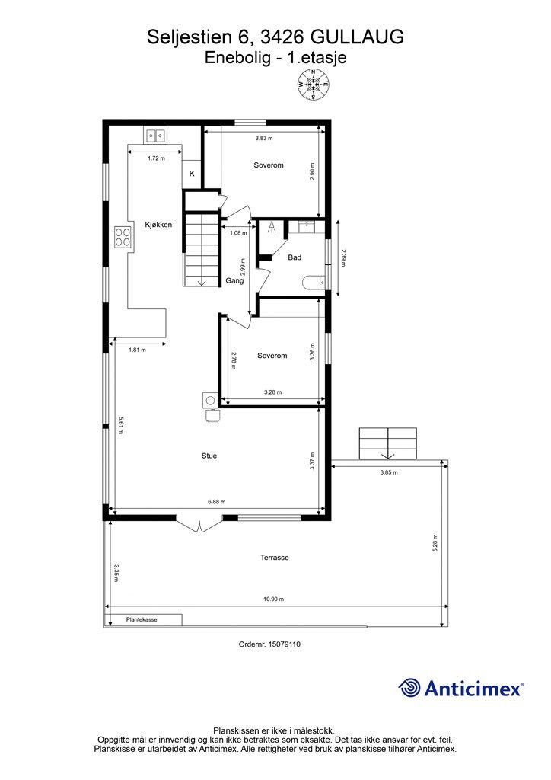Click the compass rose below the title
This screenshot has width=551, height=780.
pos(314,85)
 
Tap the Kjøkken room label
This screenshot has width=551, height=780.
pos(158,225)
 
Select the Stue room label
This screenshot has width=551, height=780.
pos(209,456)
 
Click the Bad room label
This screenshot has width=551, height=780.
pos(295,257)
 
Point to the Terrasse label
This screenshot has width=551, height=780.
pos(275,558)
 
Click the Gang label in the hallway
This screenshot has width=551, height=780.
pos(234,280)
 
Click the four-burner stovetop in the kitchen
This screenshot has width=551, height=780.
pos(123,237)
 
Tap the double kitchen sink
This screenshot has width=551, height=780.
pos(155,134)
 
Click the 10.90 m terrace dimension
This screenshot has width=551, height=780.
pos(274,599)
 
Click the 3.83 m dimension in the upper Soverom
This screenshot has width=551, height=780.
pos(264,139)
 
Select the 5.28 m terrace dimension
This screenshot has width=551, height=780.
pos(436,543)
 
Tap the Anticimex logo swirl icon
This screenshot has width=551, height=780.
pos(409,688)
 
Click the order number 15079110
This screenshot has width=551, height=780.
pos(284,644)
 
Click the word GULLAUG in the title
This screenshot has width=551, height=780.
pos(357,37)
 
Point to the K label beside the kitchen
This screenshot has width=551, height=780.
pos(191,174)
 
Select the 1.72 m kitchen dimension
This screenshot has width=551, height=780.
pos(156,158)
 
